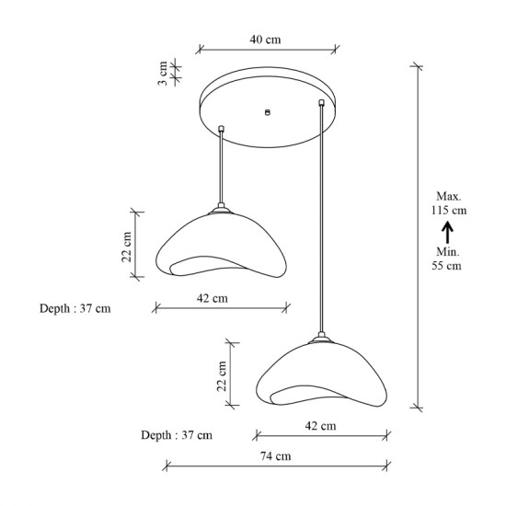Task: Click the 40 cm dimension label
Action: [265, 40]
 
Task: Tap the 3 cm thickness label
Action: [163, 73]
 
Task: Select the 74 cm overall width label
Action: [276, 456]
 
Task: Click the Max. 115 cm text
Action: [449, 203]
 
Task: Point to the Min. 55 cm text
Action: [447, 259]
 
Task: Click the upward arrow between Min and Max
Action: [448, 232]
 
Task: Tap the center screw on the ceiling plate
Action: [267, 112]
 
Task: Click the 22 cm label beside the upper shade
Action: [127, 247]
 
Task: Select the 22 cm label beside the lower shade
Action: [222, 376]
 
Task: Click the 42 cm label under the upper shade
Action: [213, 298]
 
